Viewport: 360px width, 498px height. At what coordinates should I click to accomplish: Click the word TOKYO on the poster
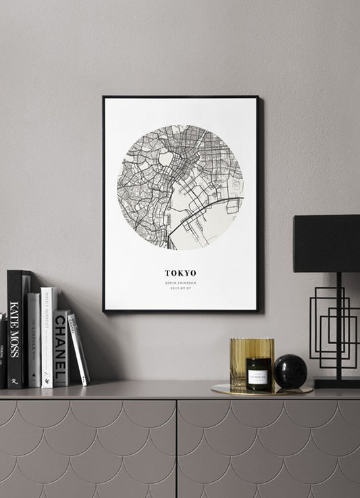point(180,273)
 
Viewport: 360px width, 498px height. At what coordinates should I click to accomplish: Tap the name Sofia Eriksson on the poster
point(180,282)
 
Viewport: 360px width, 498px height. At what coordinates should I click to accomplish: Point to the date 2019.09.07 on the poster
point(180,288)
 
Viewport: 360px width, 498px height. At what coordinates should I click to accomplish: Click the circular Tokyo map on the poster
point(180,187)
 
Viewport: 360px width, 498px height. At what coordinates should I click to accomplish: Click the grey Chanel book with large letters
point(61,348)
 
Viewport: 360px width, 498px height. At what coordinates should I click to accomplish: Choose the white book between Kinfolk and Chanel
point(47,337)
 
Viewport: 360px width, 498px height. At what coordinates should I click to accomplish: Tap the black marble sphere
point(290,372)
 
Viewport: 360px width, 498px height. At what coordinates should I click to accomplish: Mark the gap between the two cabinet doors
point(178,449)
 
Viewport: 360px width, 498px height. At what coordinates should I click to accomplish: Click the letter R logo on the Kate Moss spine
point(14,382)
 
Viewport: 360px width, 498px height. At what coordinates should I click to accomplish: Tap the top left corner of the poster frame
point(104,98)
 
